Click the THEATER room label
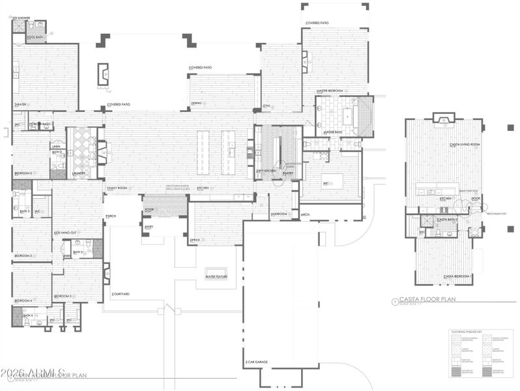pyautogui.click(x=20, y=104)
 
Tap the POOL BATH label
pyautogui.click(x=35, y=38)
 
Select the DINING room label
pyautogui.click(x=196, y=102)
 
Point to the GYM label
pyautogui.click(x=267, y=106)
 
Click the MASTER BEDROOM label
pyautogui.click(x=330, y=91)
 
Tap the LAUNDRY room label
pyautogui.click(x=79, y=173)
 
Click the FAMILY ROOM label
pyautogui.click(x=117, y=188)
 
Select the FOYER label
pyautogui.click(x=149, y=209)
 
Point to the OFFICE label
pyautogui.click(x=195, y=240)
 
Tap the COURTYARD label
pyautogui.click(x=121, y=294)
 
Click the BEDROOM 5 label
pyautogui.click(x=63, y=297)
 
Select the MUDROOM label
pyautogui.click(x=280, y=213)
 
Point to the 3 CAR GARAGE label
pyautogui.click(x=257, y=362)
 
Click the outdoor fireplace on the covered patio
pyautogui.click(x=104, y=74)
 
